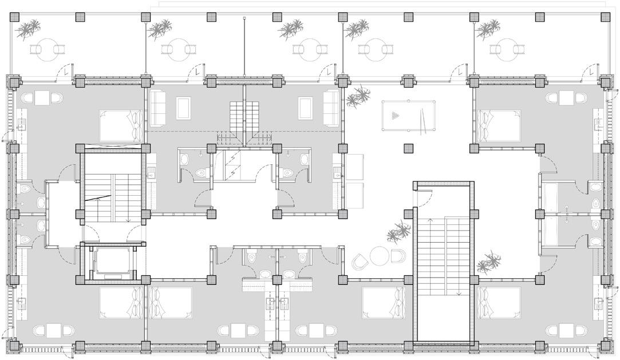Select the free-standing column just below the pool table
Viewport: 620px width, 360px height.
point(408,148)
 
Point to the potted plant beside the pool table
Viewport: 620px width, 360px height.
point(358,97)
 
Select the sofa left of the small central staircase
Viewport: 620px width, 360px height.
point(157,108)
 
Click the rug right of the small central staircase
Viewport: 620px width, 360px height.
point(306,108)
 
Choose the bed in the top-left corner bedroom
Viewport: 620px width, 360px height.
point(120,125)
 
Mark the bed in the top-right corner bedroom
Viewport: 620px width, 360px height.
point(499,125)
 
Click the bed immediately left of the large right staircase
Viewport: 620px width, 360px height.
point(384,302)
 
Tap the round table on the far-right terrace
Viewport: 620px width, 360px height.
point(506,49)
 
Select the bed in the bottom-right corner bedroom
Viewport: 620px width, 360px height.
point(499,302)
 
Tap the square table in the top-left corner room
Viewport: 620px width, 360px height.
point(44,98)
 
